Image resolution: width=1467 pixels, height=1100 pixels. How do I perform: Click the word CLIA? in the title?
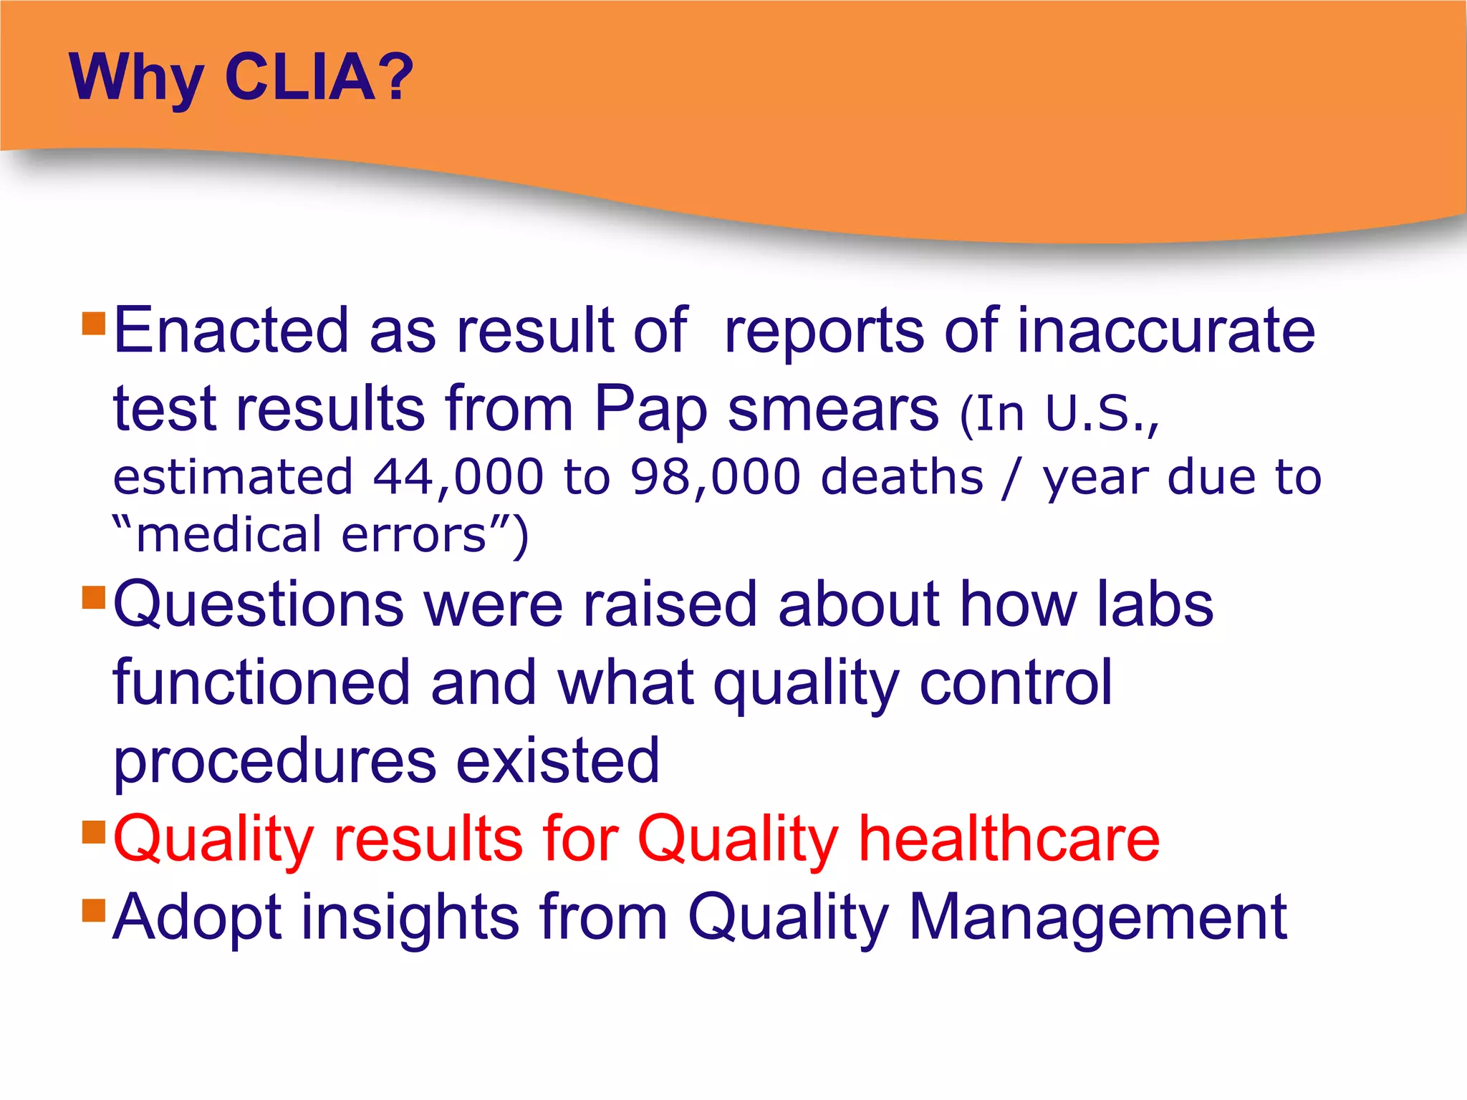319,77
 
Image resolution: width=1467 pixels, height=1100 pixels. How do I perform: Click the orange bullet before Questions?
94,597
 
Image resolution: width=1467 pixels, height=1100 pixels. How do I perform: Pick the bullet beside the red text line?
94,832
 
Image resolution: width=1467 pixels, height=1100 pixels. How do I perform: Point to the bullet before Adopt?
94,910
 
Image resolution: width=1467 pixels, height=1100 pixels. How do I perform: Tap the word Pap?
651,410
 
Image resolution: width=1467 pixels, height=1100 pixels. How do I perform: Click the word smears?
832,410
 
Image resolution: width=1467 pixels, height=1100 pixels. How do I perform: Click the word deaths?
902,477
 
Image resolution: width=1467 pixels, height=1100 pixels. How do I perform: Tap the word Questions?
259,605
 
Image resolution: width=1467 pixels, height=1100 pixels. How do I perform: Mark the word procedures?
275,762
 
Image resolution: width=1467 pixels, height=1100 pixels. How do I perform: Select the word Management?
1097,917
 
